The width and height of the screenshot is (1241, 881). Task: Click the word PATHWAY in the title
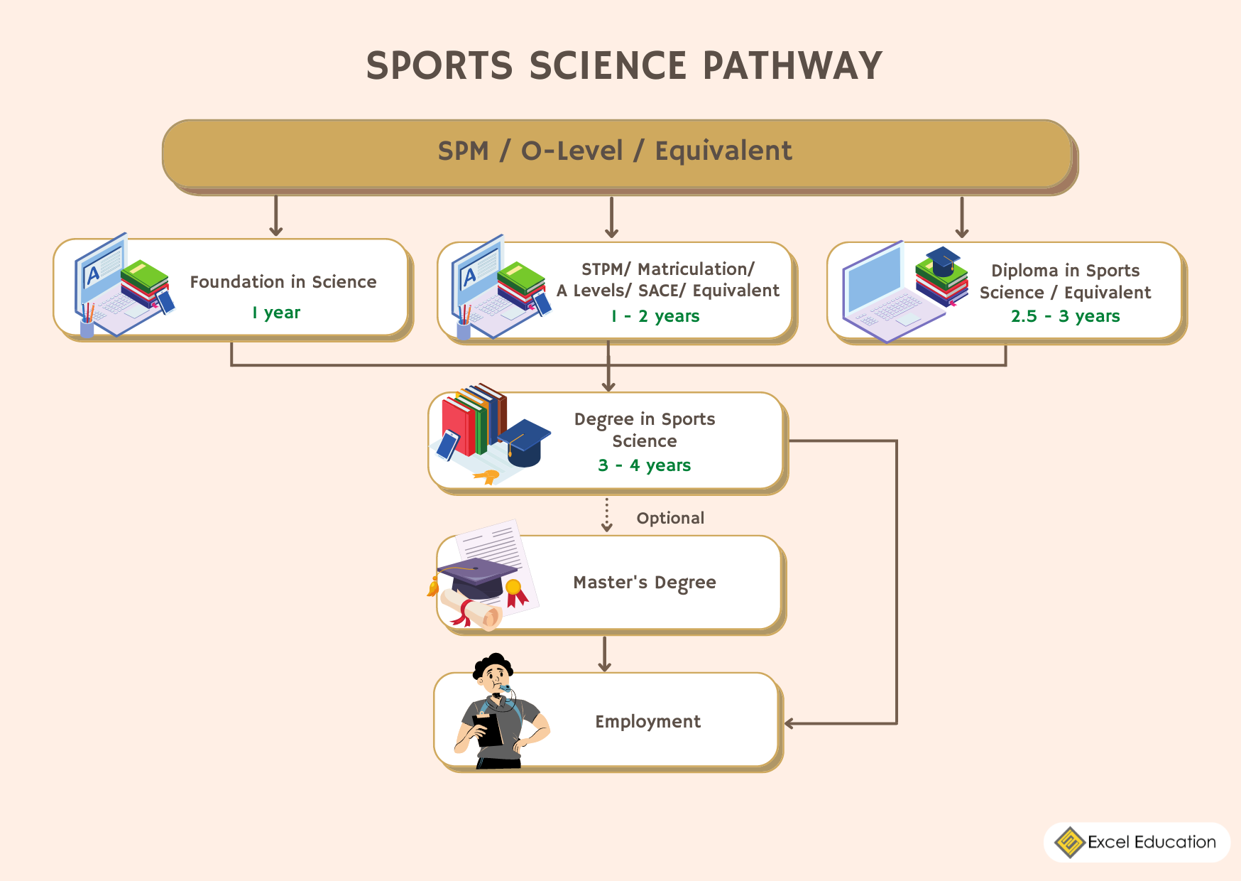(x=792, y=66)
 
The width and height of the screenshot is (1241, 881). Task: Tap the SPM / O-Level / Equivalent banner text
(x=615, y=151)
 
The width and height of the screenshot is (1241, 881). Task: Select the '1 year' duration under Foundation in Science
(x=276, y=313)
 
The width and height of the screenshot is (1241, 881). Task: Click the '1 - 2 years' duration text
(x=655, y=316)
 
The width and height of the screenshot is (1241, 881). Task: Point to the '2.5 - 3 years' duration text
(x=1065, y=316)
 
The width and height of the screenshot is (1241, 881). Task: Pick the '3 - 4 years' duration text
(x=644, y=465)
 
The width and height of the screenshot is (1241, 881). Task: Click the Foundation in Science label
(x=283, y=282)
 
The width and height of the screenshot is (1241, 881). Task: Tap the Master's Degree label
(x=644, y=583)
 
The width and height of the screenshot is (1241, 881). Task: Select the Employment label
(x=647, y=722)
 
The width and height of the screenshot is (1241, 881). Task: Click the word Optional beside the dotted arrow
(x=670, y=518)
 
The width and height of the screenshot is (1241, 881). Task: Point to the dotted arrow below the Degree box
(x=606, y=515)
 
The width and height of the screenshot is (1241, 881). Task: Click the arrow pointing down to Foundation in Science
(x=276, y=216)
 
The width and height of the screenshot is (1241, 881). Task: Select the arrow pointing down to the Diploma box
(x=961, y=217)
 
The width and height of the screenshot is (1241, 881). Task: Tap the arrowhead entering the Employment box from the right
(x=790, y=723)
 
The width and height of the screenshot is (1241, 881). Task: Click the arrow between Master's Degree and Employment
(x=604, y=654)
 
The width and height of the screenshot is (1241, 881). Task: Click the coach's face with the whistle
(x=496, y=678)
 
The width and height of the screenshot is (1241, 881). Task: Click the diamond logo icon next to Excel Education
(x=1069, y=842)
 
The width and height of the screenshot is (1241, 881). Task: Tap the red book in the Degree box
(x=457, y=426)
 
